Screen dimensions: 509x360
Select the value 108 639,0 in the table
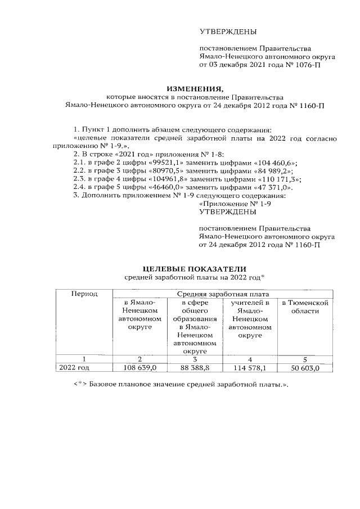(139, 368)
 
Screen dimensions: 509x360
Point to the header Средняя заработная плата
(223, 294)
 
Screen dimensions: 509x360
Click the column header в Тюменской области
(304, 307)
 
